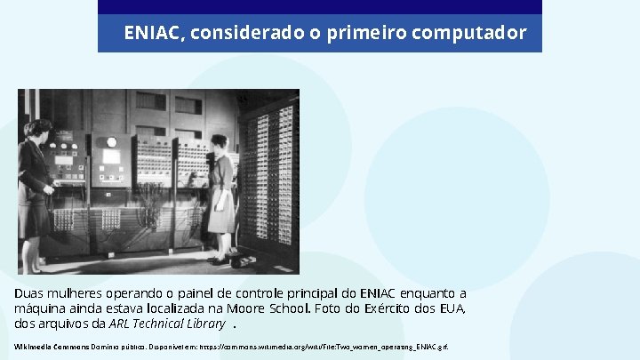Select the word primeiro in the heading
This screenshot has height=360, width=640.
364,34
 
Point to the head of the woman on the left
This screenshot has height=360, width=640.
37,129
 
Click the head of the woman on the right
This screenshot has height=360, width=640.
219,142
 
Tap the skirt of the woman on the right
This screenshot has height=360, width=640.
220,210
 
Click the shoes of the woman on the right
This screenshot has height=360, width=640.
219,259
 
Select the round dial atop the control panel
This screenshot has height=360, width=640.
112,142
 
